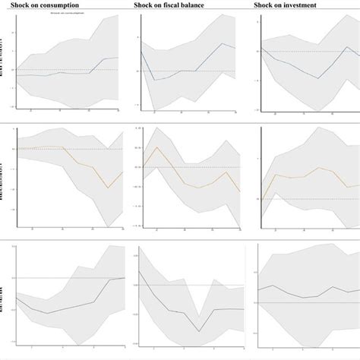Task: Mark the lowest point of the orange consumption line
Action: (109, 188)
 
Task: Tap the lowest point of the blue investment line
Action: (318, 78)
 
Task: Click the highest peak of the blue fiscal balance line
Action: (223, 43)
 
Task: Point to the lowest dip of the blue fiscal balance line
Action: (154, 80)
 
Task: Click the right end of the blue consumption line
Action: (118, 58)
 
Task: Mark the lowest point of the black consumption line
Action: (47, 314)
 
